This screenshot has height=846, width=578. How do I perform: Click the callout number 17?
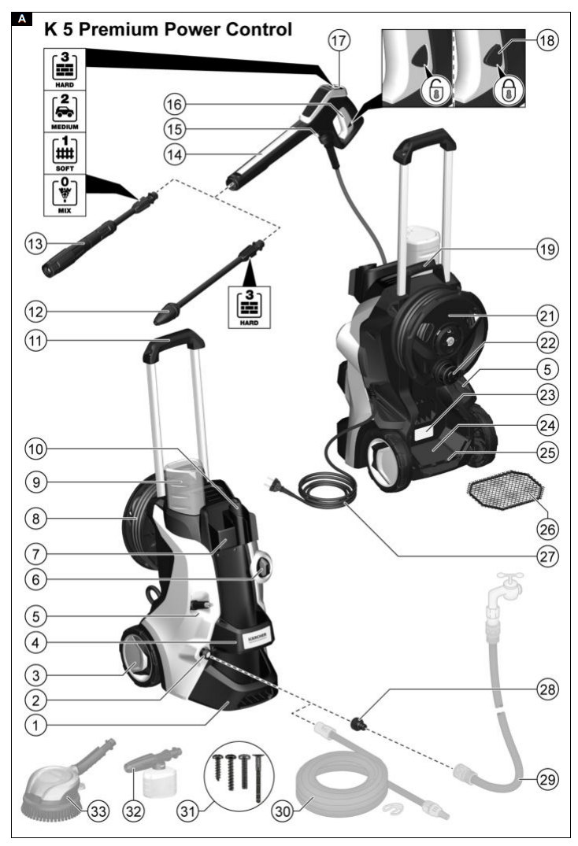pos(338,39)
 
